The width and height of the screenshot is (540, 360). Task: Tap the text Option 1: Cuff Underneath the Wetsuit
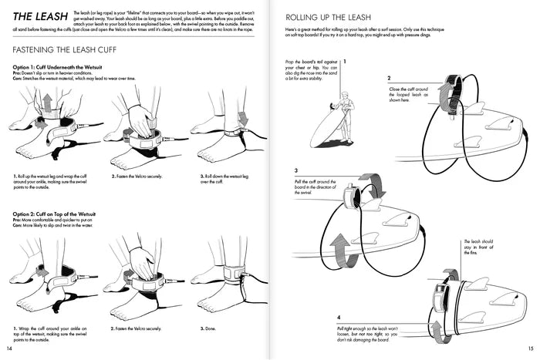(x=62, y=69)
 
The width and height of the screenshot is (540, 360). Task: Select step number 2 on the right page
(x=389, y=78)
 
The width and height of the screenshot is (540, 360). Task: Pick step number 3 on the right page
(x=296, y=171)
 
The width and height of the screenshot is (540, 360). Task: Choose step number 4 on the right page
(x=339, y=317)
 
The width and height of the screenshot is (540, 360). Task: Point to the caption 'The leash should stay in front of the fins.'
(x=477, y=252)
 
